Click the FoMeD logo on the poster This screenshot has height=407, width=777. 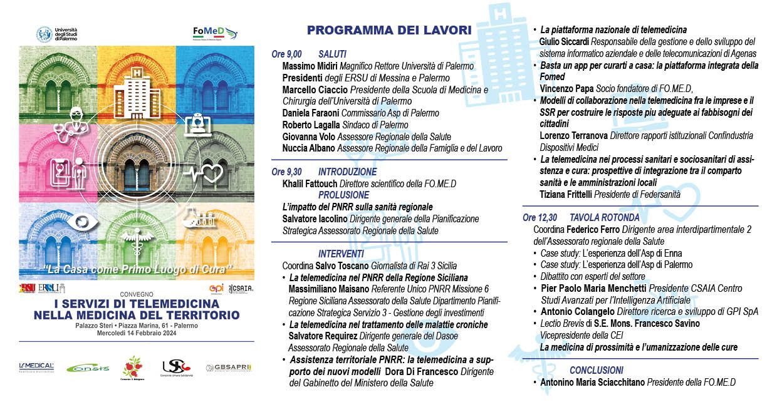tap(215, 33)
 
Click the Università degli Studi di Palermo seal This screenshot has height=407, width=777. tap(44, 34)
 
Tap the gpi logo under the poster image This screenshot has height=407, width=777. tap(216, 289)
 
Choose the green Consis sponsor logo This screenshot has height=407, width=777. tap(88, 368)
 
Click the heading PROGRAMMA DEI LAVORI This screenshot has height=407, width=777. tap(389, 30)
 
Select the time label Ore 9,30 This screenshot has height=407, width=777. tap(286, 172)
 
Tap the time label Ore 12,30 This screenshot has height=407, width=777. tap(540, 218)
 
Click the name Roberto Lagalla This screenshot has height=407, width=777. tap(310, 125)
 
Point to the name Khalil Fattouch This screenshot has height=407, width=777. tap(310, 183)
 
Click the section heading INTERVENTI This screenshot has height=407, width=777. tap(341, 254)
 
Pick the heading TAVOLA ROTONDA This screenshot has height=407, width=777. tap(605, 218)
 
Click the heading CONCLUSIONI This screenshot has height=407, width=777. tap(597, 370)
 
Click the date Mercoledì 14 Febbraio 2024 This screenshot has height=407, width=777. tap(136, 332)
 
